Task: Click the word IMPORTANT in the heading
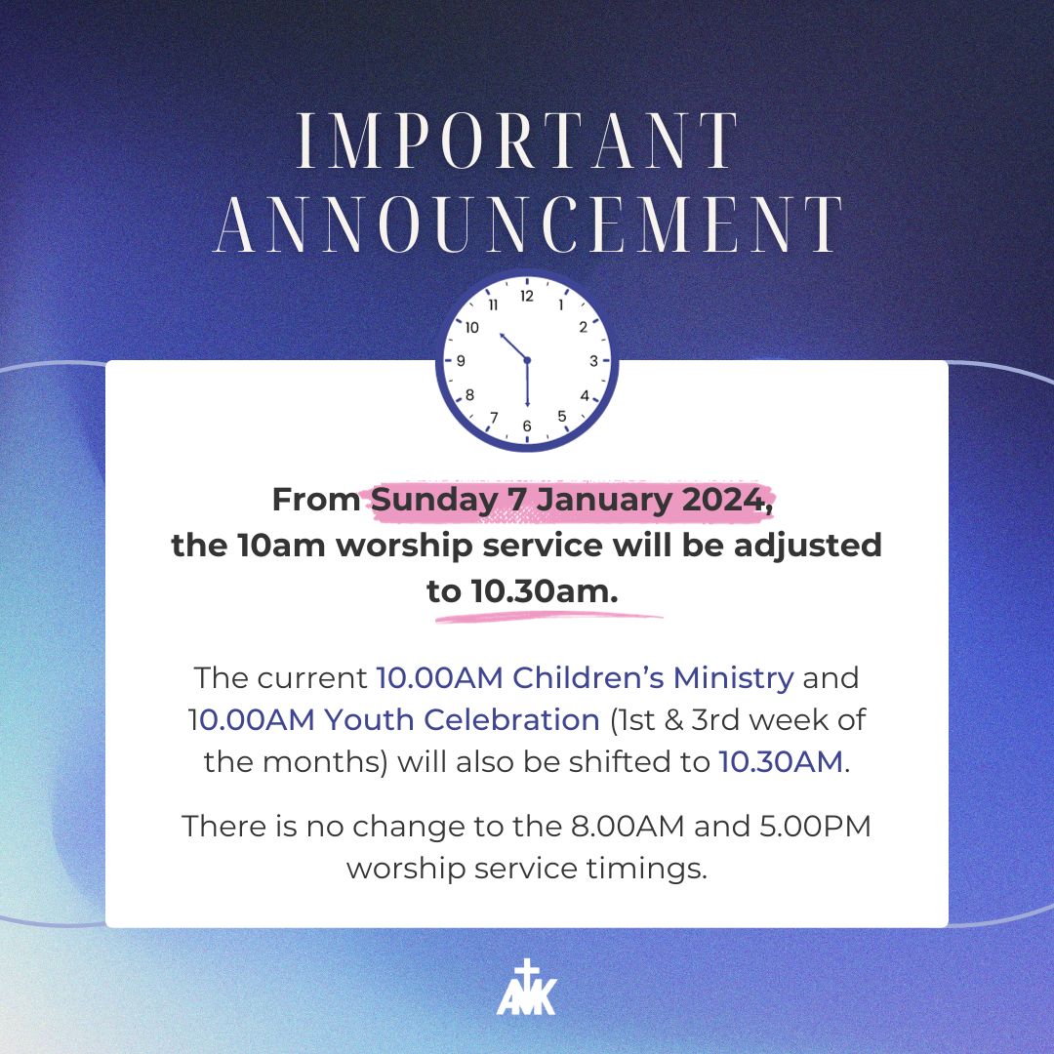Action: click(x=517, y=140)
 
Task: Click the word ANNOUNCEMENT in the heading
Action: click(x=528, y=225)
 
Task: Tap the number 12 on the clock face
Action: click(x=527, y=297)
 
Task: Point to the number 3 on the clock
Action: click(x=593, y=361)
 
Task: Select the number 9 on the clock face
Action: click(x=461, y=361)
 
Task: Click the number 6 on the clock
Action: click(x=527, y=426)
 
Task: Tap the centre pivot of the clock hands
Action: click(x=527, y=361)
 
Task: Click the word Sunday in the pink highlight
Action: click(x=433, y=500)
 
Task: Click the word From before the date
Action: click(x=316, y=500)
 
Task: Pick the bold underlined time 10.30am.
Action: click(x=545, y=591)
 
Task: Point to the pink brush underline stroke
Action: click(x=548, y=617)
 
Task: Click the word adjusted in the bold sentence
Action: click(x=807, y=546)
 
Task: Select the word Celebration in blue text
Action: click(x=511, y=720)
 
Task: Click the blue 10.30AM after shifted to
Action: click(x=781, y=762)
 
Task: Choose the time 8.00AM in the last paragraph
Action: click(x=628, y=827)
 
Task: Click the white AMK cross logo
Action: click(x=527, y=987)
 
